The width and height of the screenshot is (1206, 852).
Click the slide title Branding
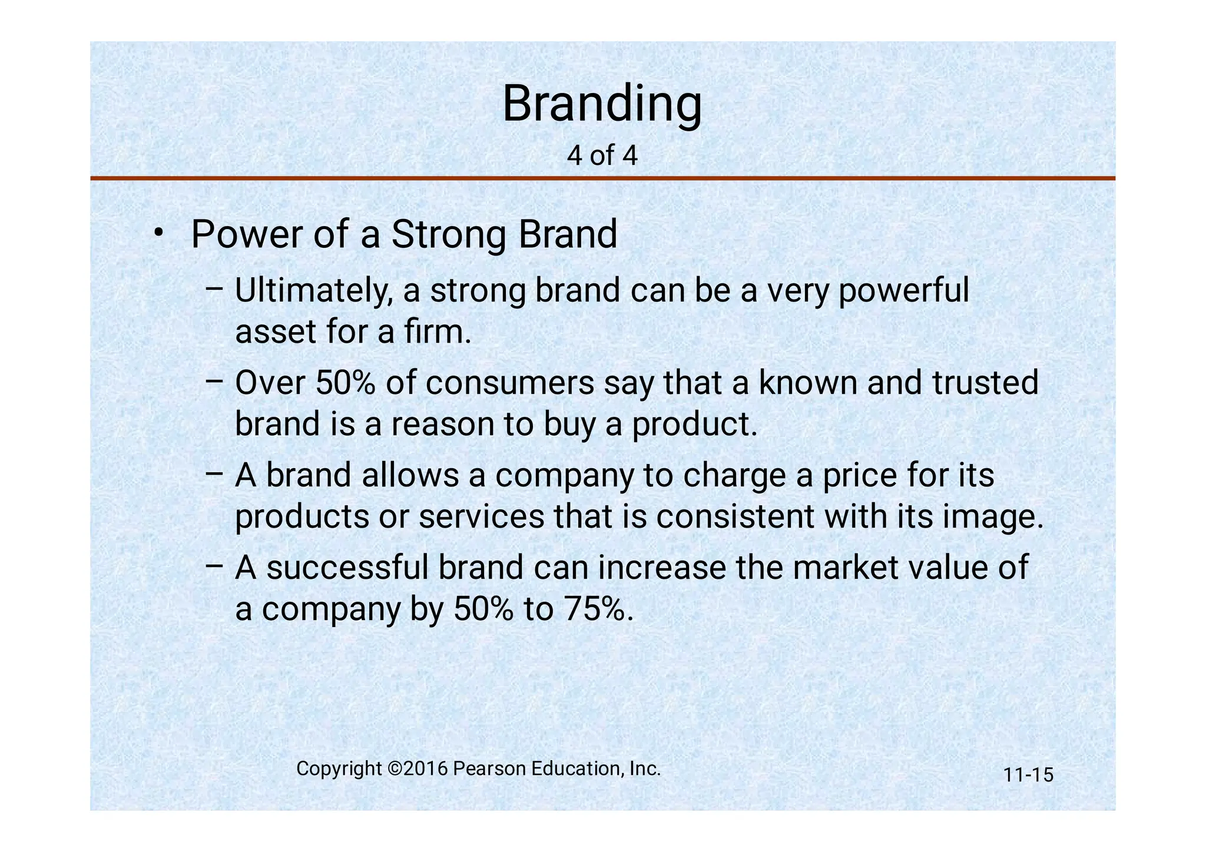[x=602, y=104]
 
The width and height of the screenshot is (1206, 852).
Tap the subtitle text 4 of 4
[x=602, y=155]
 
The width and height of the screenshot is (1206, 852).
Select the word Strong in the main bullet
[x=449, y=234]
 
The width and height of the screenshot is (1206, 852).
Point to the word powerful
[x=903, y=291]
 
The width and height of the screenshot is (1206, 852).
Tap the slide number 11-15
[x=1028, y=775]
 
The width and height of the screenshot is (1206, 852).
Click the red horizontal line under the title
[x=602, y=178]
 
